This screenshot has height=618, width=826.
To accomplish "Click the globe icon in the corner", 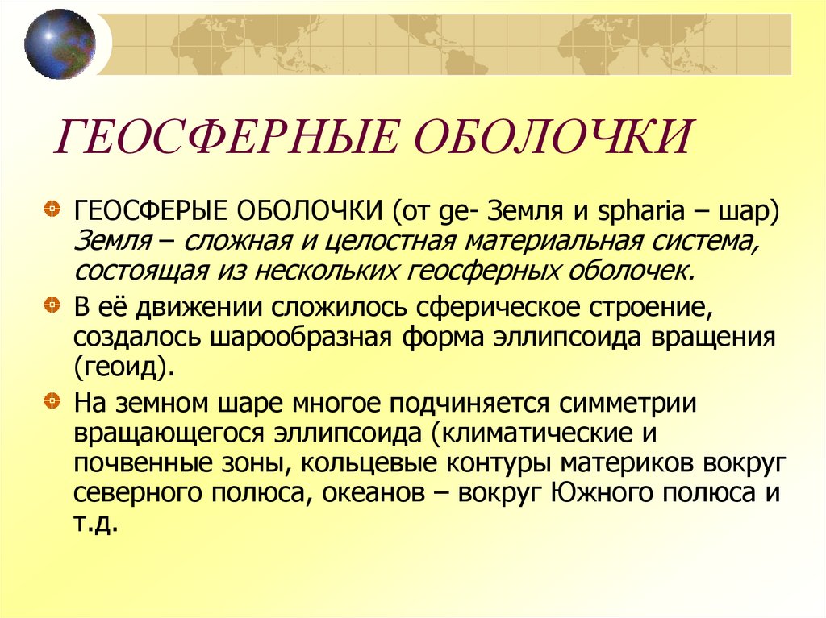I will point(59,44).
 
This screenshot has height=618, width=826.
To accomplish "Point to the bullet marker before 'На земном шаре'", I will point(51,399).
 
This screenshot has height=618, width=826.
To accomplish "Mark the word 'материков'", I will point(630,462).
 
